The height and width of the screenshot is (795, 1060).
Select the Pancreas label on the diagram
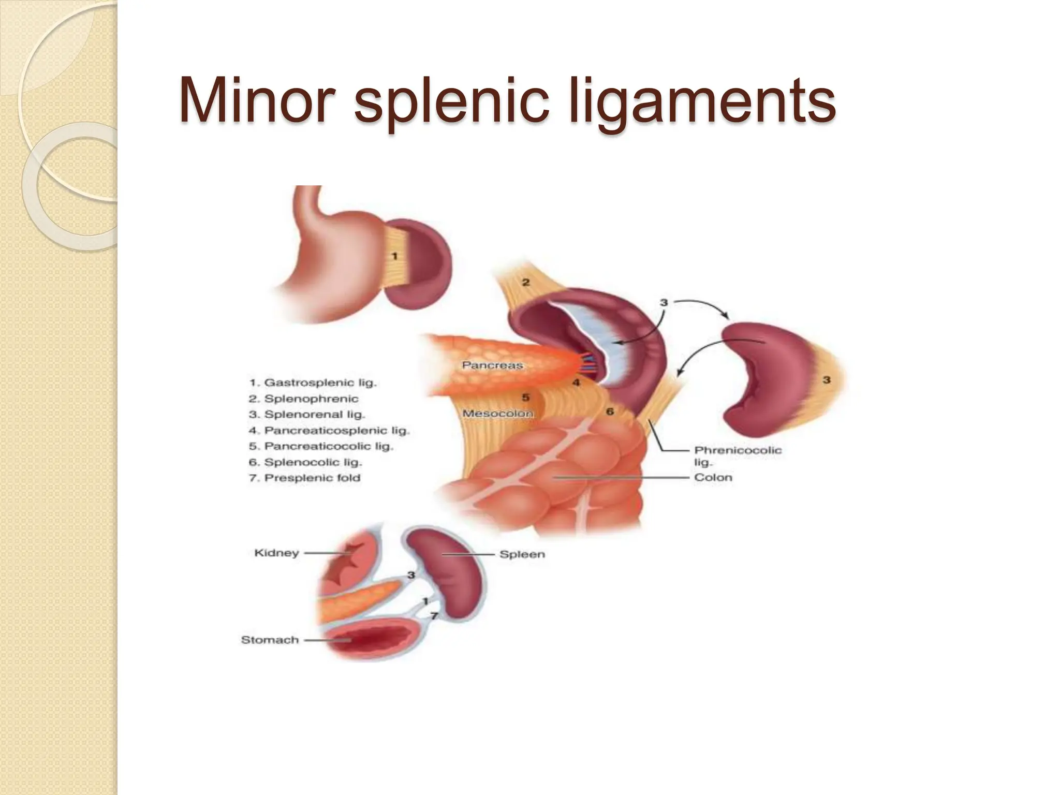click(492, 365)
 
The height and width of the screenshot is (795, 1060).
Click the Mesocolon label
click(497, 414)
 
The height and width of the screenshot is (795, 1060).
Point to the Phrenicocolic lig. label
click(738, 455)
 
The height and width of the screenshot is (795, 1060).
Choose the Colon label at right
click(713, 477)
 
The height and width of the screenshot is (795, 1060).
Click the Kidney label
click(276, 553)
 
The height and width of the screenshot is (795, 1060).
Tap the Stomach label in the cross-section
click(270, 640)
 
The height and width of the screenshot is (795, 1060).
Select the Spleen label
click(522, 554)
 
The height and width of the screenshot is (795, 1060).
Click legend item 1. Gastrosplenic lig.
click(313, 383)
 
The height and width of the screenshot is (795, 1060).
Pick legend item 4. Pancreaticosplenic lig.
click(329, 431)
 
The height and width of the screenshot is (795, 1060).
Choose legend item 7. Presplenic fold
click(304, 478)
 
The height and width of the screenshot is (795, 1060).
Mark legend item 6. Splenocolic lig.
click(305, 462)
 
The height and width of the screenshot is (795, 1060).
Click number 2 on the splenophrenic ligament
click(526, 283)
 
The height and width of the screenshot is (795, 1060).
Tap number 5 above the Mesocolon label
click(525, 397)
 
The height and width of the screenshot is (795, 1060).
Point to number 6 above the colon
click(610, 411)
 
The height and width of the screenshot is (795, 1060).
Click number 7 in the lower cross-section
click(434, 616)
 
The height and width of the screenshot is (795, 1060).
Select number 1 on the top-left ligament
click(394, 256)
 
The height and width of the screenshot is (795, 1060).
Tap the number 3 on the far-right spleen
click(827, 380)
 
